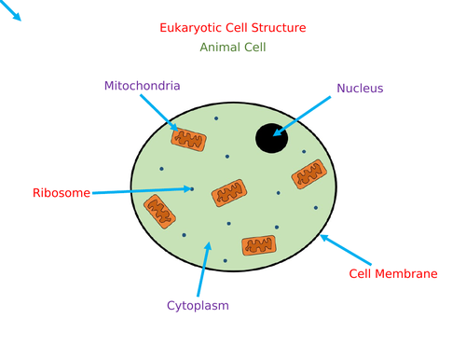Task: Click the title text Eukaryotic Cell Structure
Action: click(x=233, y=28)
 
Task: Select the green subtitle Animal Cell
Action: click(x=233, y=47)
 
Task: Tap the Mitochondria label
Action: click(x=143, y=86)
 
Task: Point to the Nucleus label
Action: click(x=360, y=89)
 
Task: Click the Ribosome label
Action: click(x=62, y=193)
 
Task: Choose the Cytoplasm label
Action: click(x=198, y=305)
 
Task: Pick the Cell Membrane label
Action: click(x=392, y=274)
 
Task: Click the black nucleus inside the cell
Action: click(x=271, y=138)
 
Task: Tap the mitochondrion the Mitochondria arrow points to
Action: click(x=188, y=140)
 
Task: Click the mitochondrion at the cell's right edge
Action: click(x=308, y=174)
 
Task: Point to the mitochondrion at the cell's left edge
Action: click(x=158, y=212)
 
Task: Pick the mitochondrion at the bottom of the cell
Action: click(x=259, y=245)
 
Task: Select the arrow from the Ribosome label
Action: click(x=140, y=191)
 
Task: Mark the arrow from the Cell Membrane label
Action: click(x=347, y=250)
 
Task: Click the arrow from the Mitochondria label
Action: click(x=158, y=113)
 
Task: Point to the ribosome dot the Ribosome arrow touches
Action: click(x=192, y=189)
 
